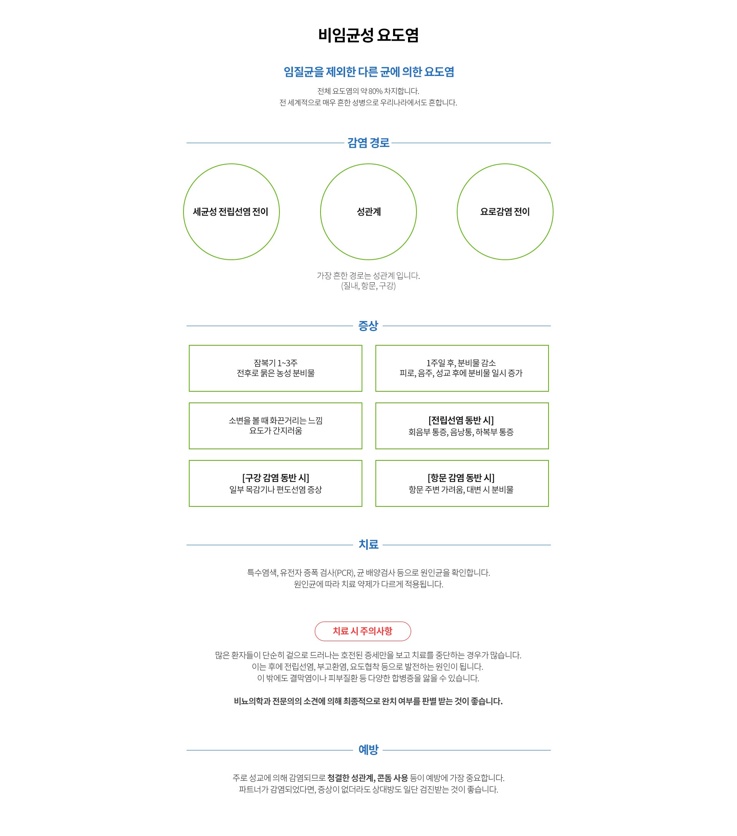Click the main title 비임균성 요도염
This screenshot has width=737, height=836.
click(368, 35)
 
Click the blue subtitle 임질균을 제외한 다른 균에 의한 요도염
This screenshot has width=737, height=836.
click(369, 72)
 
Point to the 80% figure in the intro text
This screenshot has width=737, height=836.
click(375, 91)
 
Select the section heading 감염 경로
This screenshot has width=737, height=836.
click(368, 143)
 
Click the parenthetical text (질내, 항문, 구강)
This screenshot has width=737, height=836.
click(368, 286)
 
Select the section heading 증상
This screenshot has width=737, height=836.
click(368, 326)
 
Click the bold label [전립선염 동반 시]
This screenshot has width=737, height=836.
click(461, 420)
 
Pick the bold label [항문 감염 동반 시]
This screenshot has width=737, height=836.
click(461, 478)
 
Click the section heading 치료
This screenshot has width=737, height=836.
click(368, 545)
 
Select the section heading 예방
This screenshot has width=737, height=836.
click(368, 750)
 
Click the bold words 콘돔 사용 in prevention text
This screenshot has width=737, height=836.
click(392, 778)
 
